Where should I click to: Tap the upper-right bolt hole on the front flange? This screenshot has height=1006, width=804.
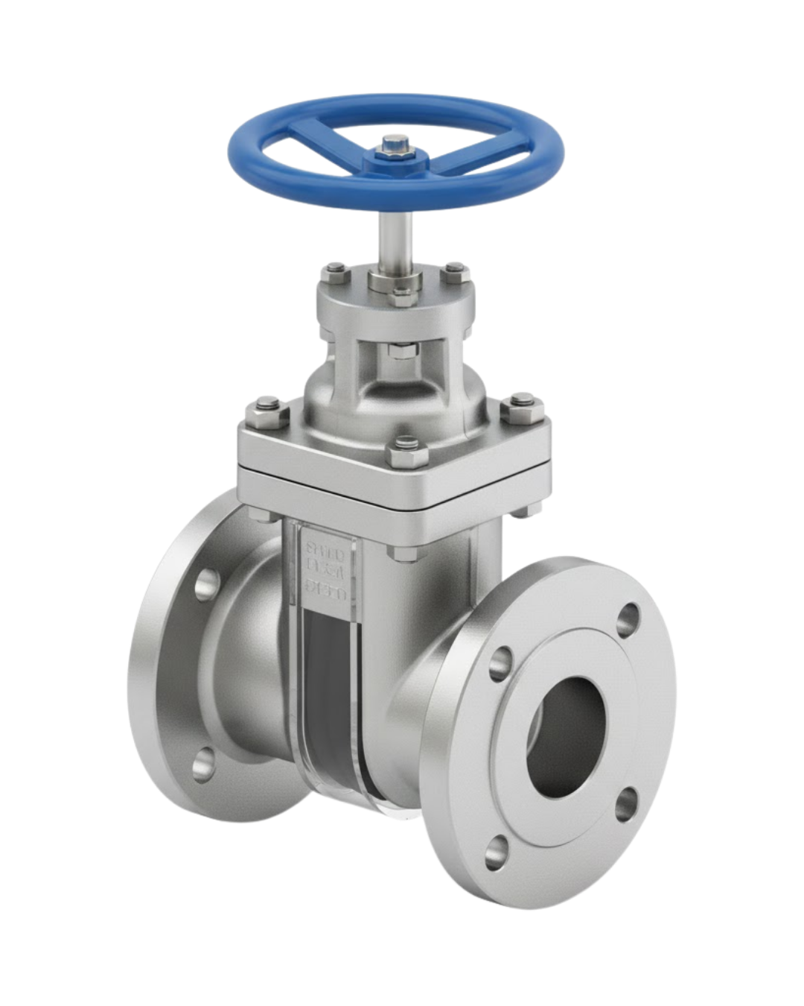click(x=629, y=615)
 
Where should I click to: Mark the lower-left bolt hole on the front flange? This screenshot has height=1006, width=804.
click(x=503, y=845)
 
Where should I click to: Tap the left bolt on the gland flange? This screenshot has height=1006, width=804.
click(x=333, y=271)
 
